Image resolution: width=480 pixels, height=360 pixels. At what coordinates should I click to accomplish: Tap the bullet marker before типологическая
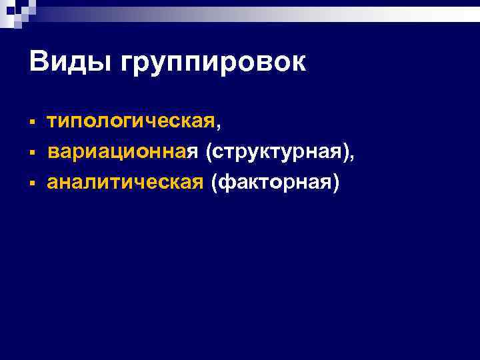point(32,123)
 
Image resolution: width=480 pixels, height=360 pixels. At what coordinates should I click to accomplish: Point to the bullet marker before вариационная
point(32,154)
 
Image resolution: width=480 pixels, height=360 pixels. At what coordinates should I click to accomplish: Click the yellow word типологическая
point(131,123)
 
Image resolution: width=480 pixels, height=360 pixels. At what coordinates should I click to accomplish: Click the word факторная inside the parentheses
point(275,183)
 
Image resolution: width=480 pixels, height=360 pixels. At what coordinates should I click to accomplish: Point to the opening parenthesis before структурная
point(210,153)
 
